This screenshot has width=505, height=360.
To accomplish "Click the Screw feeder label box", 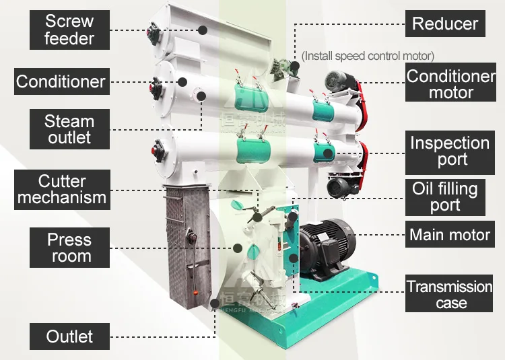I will point(69,30).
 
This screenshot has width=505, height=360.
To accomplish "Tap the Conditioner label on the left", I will point(61,82).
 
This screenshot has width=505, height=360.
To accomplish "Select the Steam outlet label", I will point(69,129).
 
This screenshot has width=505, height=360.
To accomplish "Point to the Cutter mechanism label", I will point(62,189).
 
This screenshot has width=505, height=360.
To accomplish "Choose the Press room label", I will point(69,248).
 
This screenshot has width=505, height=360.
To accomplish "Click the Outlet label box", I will point(69,336).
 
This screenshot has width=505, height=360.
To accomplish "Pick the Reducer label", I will point(444,24).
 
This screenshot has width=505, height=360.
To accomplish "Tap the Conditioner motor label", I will point(450,84).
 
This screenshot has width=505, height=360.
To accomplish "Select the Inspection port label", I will point(450,151).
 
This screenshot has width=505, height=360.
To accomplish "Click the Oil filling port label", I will point(445,197).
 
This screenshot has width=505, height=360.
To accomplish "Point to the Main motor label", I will point(450,236).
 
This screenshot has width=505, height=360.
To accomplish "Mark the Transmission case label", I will point(450,295).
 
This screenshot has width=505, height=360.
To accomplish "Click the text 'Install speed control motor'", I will point(368,56).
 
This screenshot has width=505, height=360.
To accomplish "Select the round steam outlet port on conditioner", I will point(200,95).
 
